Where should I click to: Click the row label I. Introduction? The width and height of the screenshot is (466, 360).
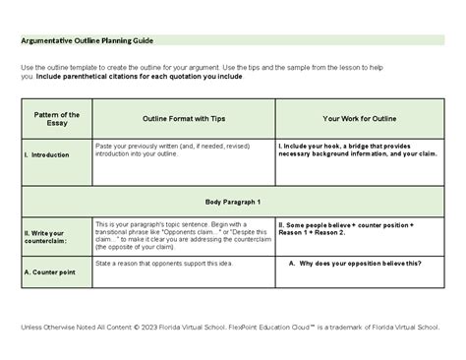coord(45,154)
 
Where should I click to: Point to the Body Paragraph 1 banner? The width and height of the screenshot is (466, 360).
coord(232,201)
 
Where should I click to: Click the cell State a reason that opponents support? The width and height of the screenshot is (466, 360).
coord(161,263)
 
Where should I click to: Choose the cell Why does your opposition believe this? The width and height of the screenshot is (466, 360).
coord(355,264)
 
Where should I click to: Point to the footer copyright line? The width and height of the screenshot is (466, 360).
coord(233,327)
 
